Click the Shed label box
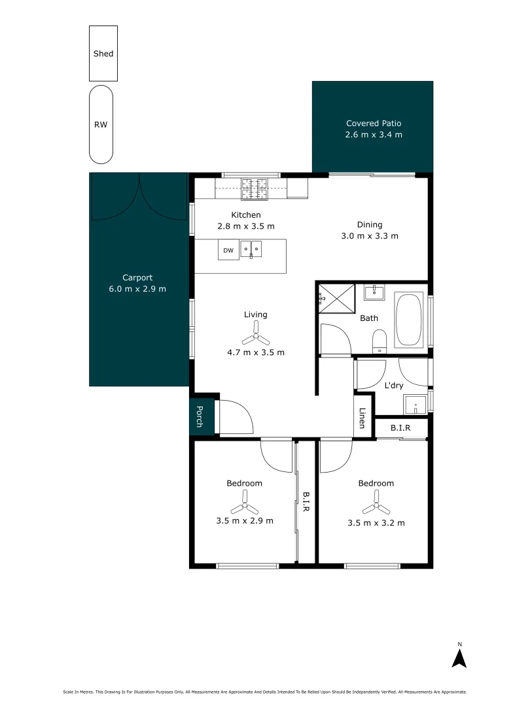coord(103,54)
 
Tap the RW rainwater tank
coord(101,124)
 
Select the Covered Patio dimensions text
coord(373,135)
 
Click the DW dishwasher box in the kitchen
coord(228,250)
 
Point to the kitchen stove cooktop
coord(255,188)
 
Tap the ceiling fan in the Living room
coord(255,339)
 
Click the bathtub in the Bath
coord(410,320)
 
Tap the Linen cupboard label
coord(362,419)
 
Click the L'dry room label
coord(393,386)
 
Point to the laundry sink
coord(415,405)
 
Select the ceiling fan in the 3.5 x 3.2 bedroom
coord(376,507)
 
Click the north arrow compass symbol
coord(459,656)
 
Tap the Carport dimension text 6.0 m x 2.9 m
coord(137,288)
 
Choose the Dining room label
coord(370,224)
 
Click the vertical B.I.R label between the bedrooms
coord(305,502)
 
